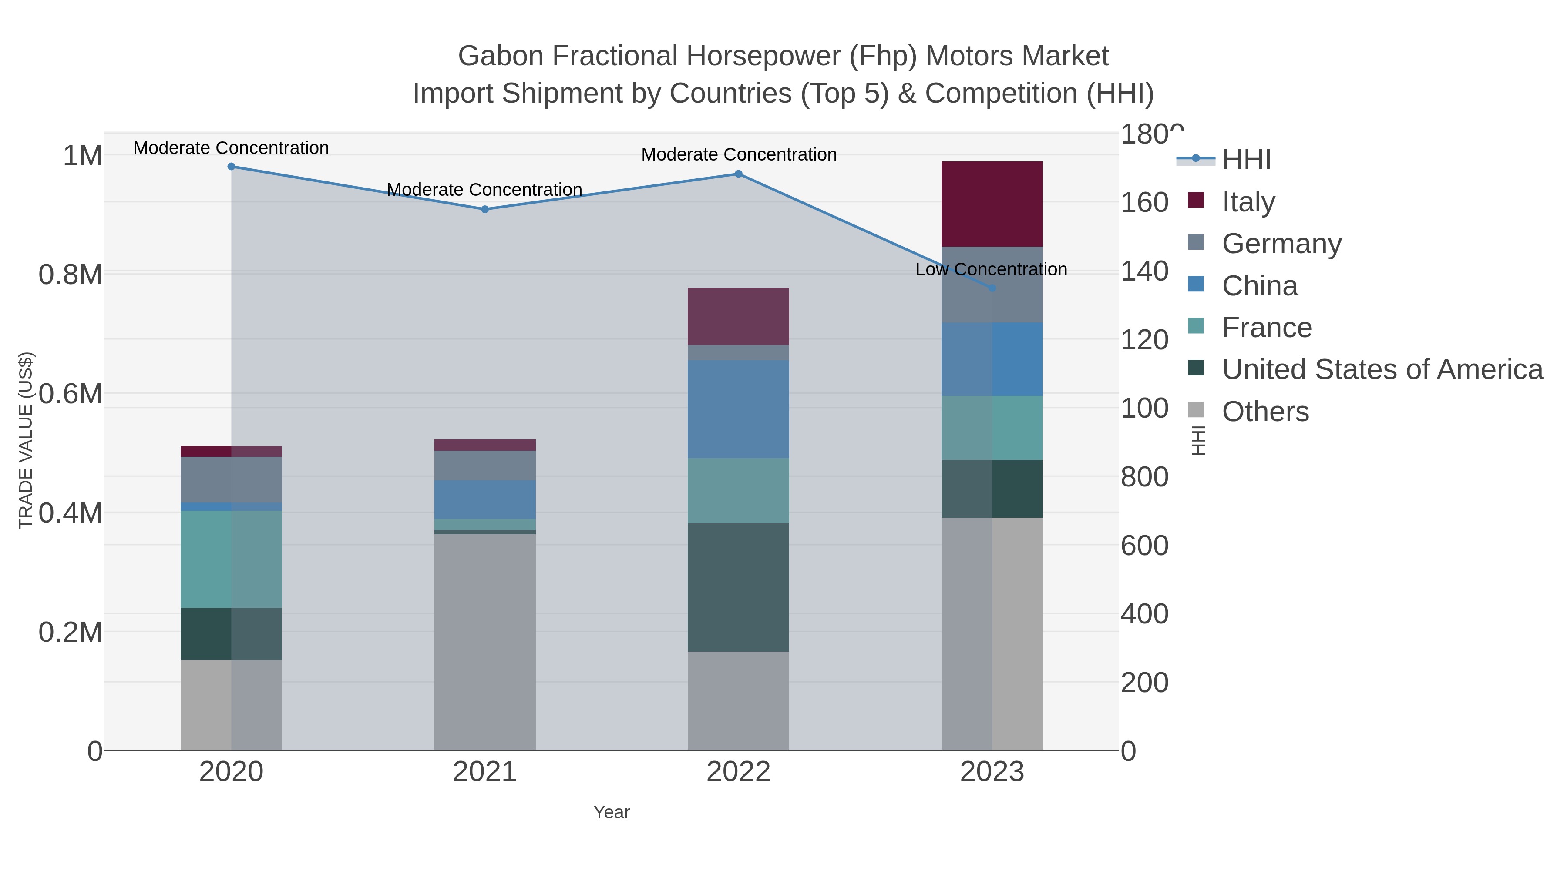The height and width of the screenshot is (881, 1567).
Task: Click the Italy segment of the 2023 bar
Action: point(992,204)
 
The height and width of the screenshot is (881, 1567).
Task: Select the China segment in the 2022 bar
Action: point(738,409)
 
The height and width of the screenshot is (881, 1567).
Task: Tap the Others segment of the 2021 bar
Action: point(485,641)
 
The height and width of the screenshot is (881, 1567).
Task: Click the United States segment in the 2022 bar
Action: point(738,587)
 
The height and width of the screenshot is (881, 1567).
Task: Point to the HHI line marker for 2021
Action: point(485,209)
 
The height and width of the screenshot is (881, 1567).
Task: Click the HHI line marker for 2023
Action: point(992,288)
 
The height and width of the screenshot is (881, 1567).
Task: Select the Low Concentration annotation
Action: point(991,269)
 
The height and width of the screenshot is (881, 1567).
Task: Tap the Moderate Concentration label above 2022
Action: point(739,154)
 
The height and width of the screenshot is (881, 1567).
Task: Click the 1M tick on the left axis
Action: point(82,156)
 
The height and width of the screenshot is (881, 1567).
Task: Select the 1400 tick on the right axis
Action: point(1143,271)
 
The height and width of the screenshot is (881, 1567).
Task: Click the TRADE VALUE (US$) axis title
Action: point(26,440)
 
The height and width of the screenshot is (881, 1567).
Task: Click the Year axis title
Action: point(612,812)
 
